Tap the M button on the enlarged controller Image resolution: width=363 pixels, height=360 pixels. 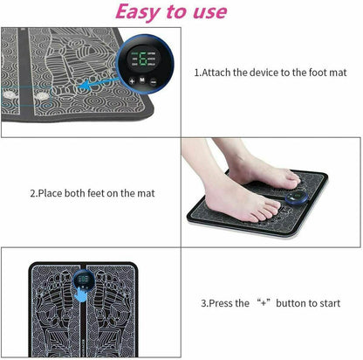[142, 80]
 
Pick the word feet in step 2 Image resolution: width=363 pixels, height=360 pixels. [106, 193]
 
